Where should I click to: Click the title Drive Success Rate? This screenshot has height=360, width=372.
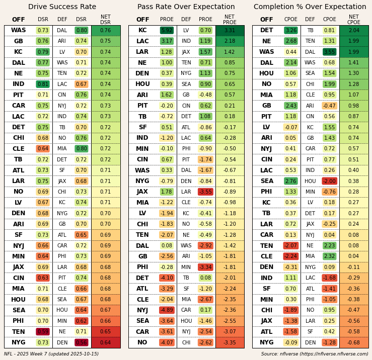(62, 7)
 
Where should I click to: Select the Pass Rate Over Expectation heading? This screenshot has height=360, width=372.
(186, 7)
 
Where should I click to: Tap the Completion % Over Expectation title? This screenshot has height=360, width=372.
(310, 7)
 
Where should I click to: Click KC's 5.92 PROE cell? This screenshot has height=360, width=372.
(167, 31)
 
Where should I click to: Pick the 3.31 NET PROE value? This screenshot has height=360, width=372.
(230, 31)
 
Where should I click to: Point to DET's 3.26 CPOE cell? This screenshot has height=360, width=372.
(290, 31)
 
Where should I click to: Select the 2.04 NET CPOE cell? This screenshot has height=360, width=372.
(354, 31)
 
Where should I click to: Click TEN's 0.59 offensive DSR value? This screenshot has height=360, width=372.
(43, 332)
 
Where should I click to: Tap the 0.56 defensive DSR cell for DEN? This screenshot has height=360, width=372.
(81, 342)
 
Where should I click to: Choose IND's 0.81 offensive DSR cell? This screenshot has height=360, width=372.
(43, 84)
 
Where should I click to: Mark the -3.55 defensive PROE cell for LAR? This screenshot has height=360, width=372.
(205, 192)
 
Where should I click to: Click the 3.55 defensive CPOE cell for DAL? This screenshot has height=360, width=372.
(329, 52)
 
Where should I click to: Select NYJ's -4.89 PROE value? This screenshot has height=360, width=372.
(167, 310)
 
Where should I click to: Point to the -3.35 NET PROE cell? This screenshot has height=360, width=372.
(230, 342)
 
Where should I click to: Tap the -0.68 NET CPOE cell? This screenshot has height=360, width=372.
(354, 342)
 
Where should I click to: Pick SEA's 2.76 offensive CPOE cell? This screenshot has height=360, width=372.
(290, 181)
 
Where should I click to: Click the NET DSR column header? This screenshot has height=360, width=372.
(105, 20)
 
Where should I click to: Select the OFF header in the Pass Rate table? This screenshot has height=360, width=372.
(142, 20)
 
